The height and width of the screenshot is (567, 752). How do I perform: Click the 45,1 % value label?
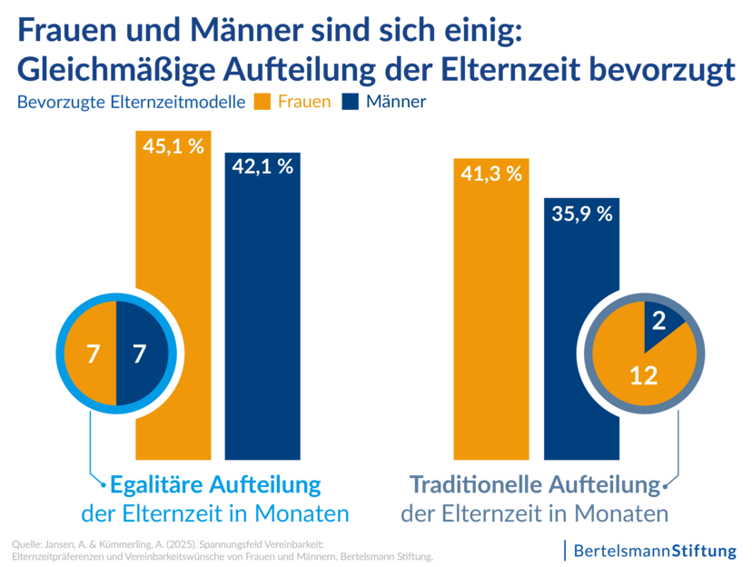pos(173,146)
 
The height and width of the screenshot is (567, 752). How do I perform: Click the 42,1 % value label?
pos(262,166)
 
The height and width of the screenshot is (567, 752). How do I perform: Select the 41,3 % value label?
pos(491,174)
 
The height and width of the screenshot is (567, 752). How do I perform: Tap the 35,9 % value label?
pos(581,214)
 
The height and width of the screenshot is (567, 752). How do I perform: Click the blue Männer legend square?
pos(351,102)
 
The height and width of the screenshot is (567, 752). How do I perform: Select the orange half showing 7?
pos(93,353)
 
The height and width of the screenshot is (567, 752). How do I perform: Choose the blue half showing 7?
pos(139,353)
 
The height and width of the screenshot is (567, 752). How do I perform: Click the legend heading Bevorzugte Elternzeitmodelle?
pos(131,103)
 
